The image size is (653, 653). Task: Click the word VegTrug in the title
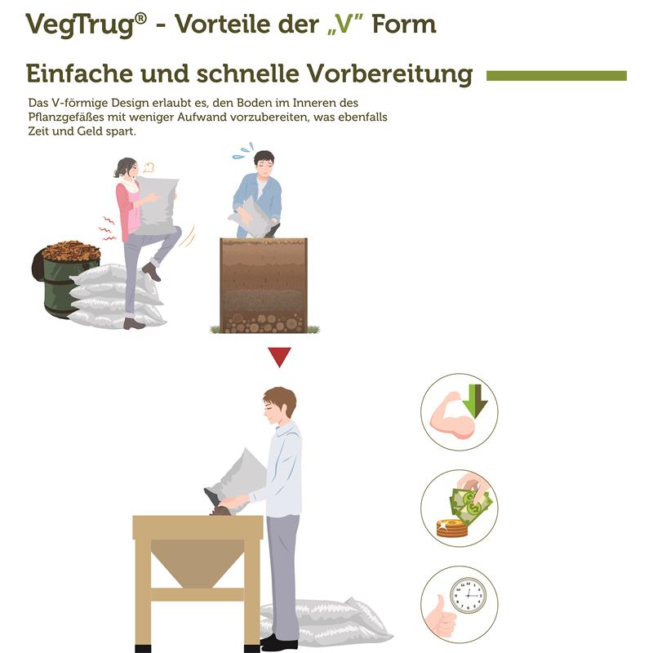(78, 24)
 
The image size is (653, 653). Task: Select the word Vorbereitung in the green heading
(389, 74)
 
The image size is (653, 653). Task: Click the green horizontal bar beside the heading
(556, 76)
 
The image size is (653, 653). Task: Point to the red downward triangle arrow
(279, 357)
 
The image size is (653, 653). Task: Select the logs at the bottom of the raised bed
(263, 322)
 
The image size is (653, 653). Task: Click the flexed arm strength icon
(459, 411)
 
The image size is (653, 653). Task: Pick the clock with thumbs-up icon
(459, 604)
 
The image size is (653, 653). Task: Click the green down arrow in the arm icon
(474, 400)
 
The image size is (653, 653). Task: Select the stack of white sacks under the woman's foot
(114, 299)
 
